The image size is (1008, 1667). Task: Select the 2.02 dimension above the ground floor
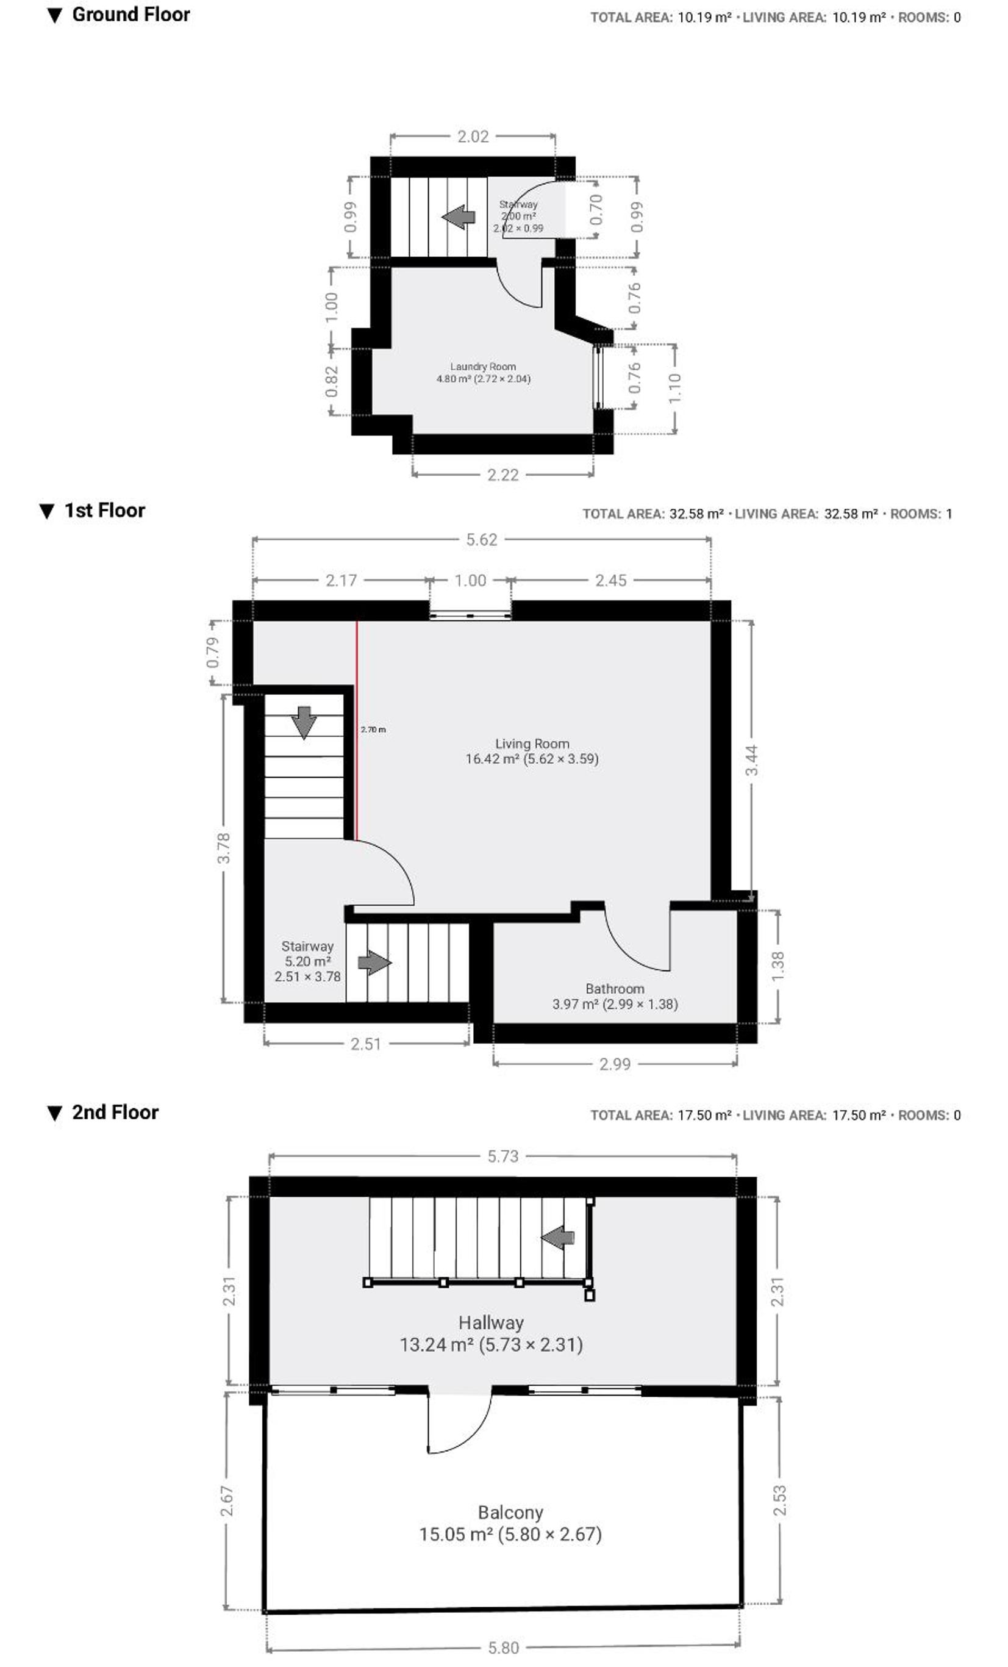click(473, 137)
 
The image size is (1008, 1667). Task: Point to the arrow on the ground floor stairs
click(458, 217)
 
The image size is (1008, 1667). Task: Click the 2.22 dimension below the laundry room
click(503, 475)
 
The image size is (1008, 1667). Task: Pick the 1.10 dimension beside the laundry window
click(674, 389)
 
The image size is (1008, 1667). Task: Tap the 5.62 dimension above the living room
click(482, 540)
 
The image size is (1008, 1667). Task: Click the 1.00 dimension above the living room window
click(470, 581)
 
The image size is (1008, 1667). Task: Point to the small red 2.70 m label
click(373, 730)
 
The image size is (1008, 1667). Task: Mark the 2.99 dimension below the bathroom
click(615, 1064)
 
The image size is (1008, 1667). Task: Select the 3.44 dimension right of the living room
click(752, 760)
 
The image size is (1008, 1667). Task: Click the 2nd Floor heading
click(115, 1113)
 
